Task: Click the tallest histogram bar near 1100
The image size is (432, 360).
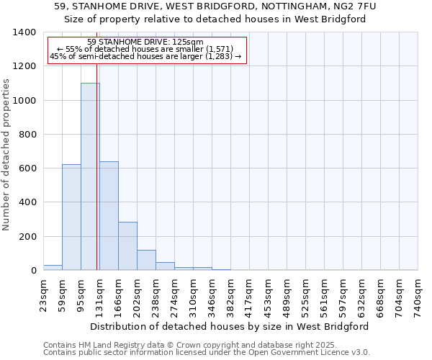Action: click(x=90, y=176)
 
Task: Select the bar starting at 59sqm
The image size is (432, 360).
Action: click(x=71, y=217)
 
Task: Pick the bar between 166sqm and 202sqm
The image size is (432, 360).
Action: click(x=127, y=246)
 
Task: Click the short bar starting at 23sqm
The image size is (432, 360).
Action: click(x=53, y=267)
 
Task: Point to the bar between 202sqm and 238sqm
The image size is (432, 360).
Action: click(x=146, y=260)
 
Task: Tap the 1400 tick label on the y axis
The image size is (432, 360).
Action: click(x=24, y=32)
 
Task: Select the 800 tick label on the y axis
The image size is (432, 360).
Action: click(x=27, y=135)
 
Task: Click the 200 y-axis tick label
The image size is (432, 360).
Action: click(x=27, y=237)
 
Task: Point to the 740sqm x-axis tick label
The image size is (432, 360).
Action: click(x=418, y=295)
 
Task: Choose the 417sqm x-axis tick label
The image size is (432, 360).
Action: click(x=250, y=295)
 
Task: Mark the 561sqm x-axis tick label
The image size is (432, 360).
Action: click(x=325, y=295)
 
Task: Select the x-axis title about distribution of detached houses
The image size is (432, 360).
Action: click(x=230, y=326)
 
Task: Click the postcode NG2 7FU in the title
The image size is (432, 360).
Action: click(x=351, y=6)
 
